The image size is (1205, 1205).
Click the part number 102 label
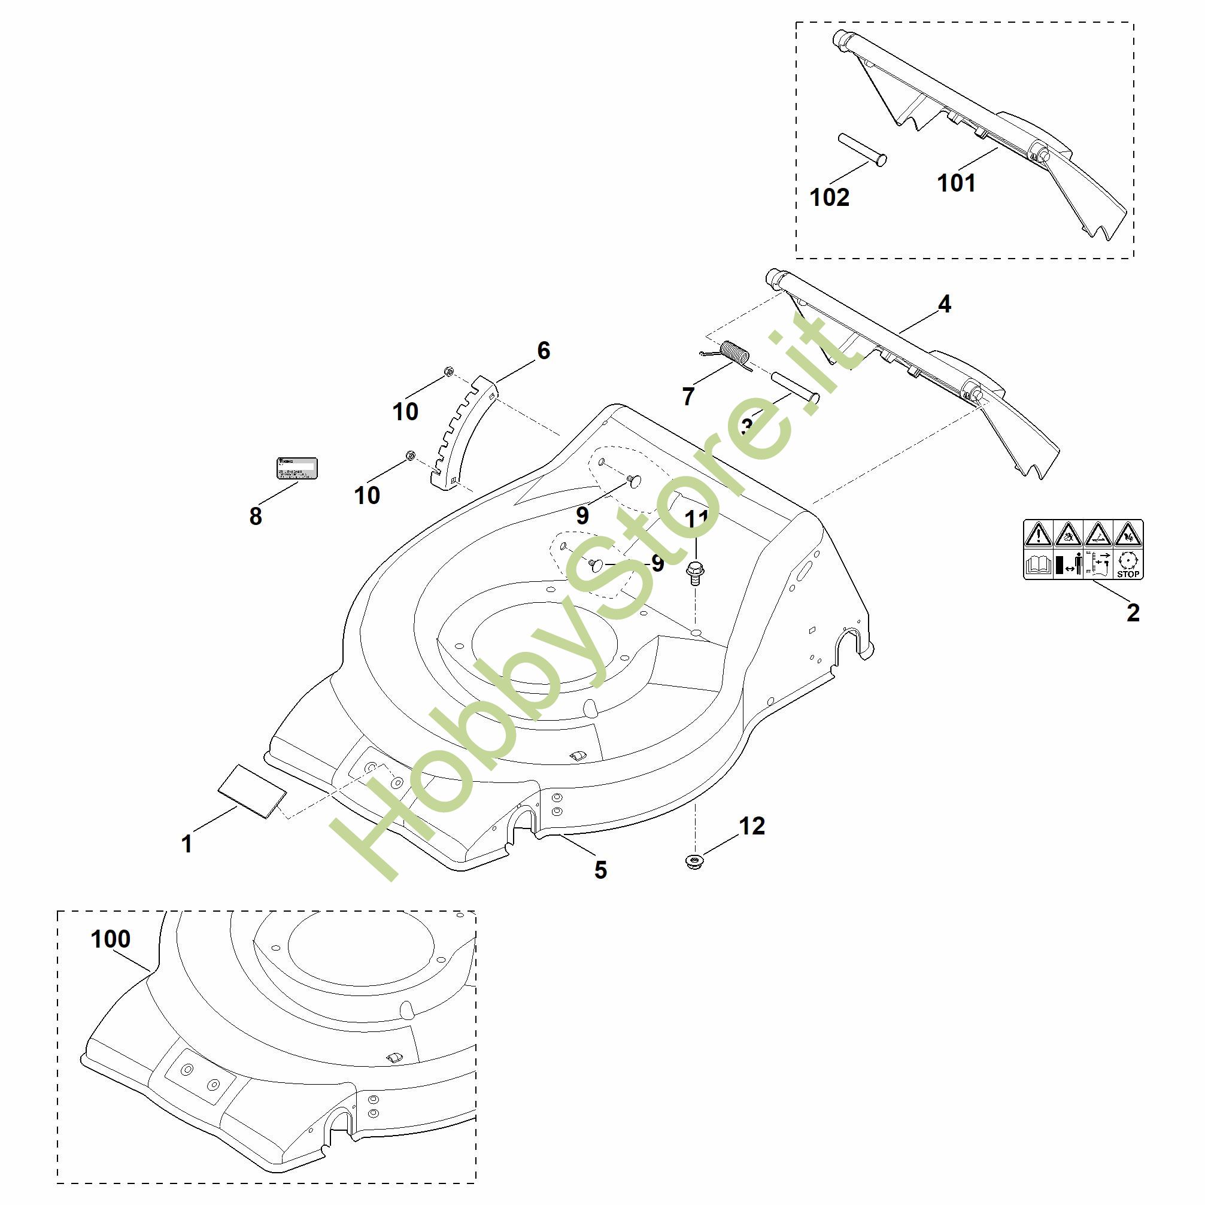(829, 197)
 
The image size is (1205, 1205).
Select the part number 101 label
(956, 183)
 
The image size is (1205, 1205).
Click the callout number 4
(944, 303)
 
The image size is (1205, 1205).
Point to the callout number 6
(544, 351)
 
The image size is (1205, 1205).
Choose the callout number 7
(688, 396)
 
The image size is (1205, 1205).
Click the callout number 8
(255, 516)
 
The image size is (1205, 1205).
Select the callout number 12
(752, 826)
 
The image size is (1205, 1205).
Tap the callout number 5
(600, 869)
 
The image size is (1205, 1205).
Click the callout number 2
(1133, 612)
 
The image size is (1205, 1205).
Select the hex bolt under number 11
(694, 570)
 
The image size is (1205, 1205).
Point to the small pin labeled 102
(863, 150)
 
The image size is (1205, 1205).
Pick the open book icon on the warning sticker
(1039, 566)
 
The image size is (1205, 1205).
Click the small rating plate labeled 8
(297, 468)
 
